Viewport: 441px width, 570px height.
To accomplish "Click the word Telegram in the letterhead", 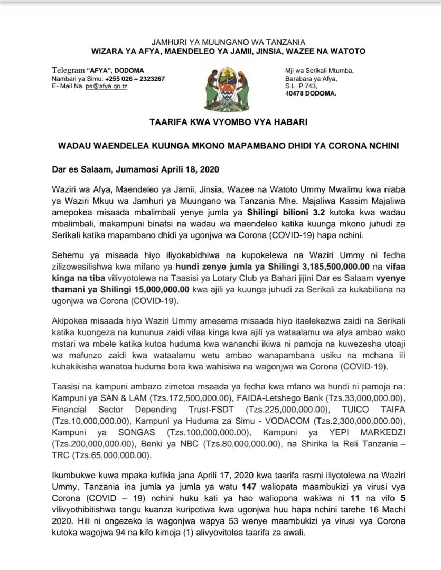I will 68,70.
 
